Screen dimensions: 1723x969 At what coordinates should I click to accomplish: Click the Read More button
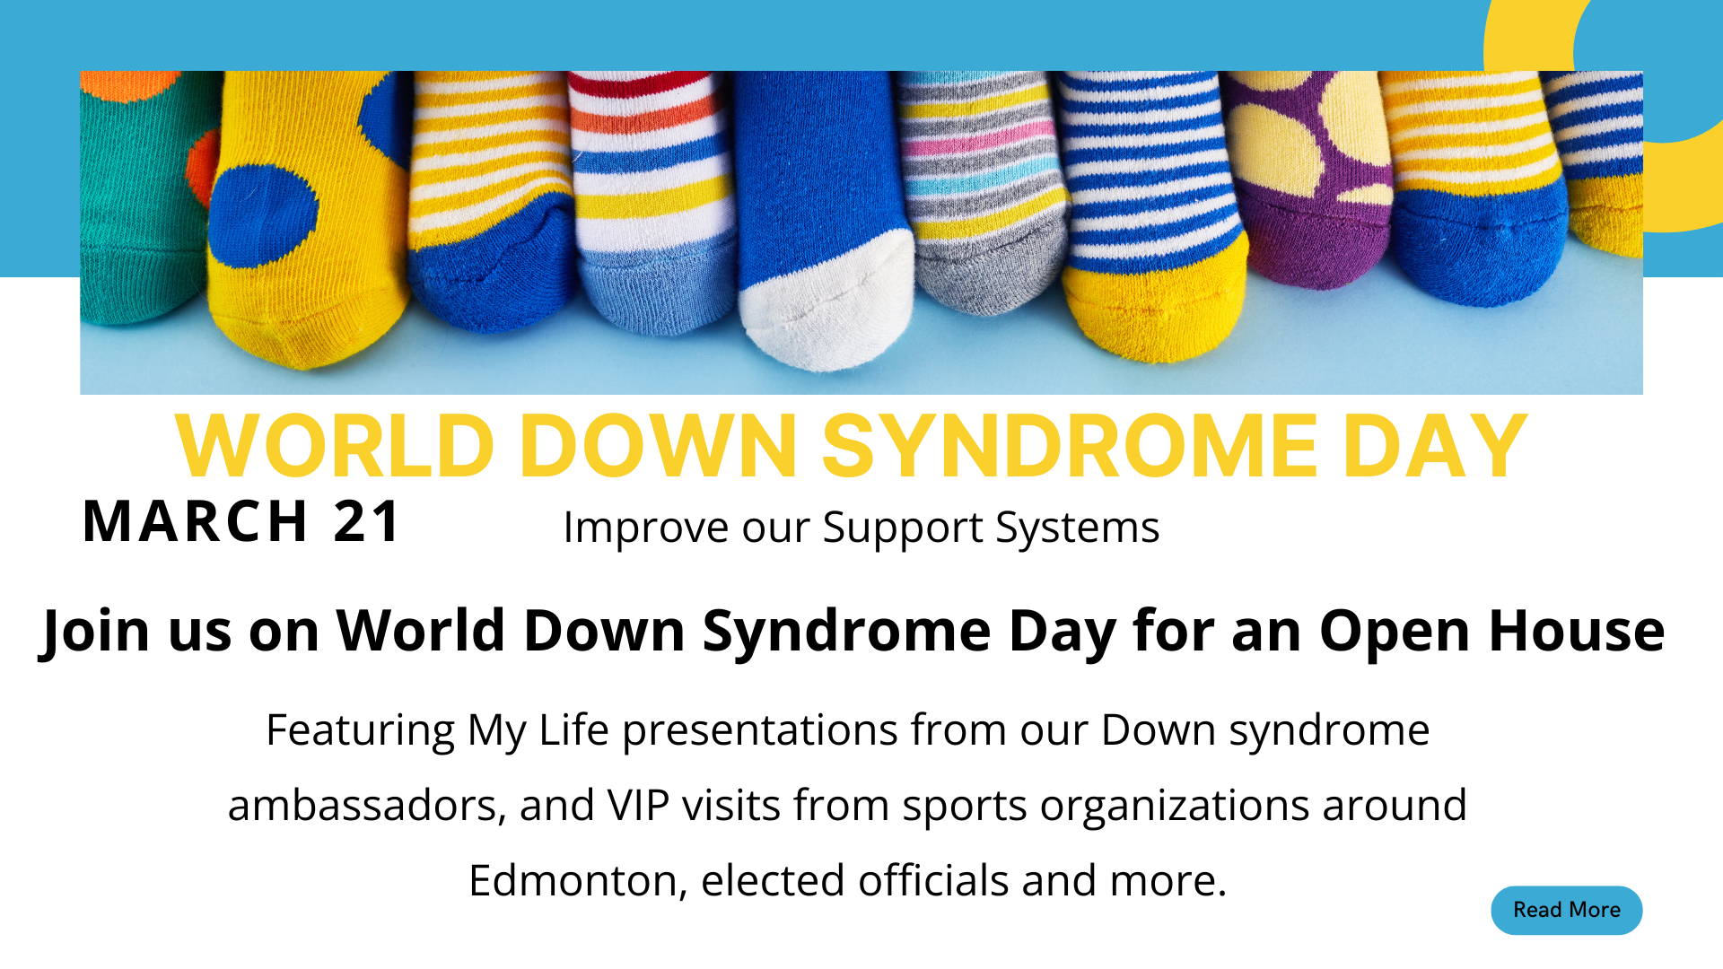(1567, 910)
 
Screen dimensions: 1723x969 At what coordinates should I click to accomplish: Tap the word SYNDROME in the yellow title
(1070, 446)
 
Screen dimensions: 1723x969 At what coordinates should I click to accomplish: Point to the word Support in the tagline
(903, 528)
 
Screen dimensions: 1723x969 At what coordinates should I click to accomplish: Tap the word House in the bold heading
(1577, 630)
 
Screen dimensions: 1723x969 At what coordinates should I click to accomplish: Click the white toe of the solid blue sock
(826, 301)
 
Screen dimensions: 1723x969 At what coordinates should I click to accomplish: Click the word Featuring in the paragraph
(361, 731)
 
